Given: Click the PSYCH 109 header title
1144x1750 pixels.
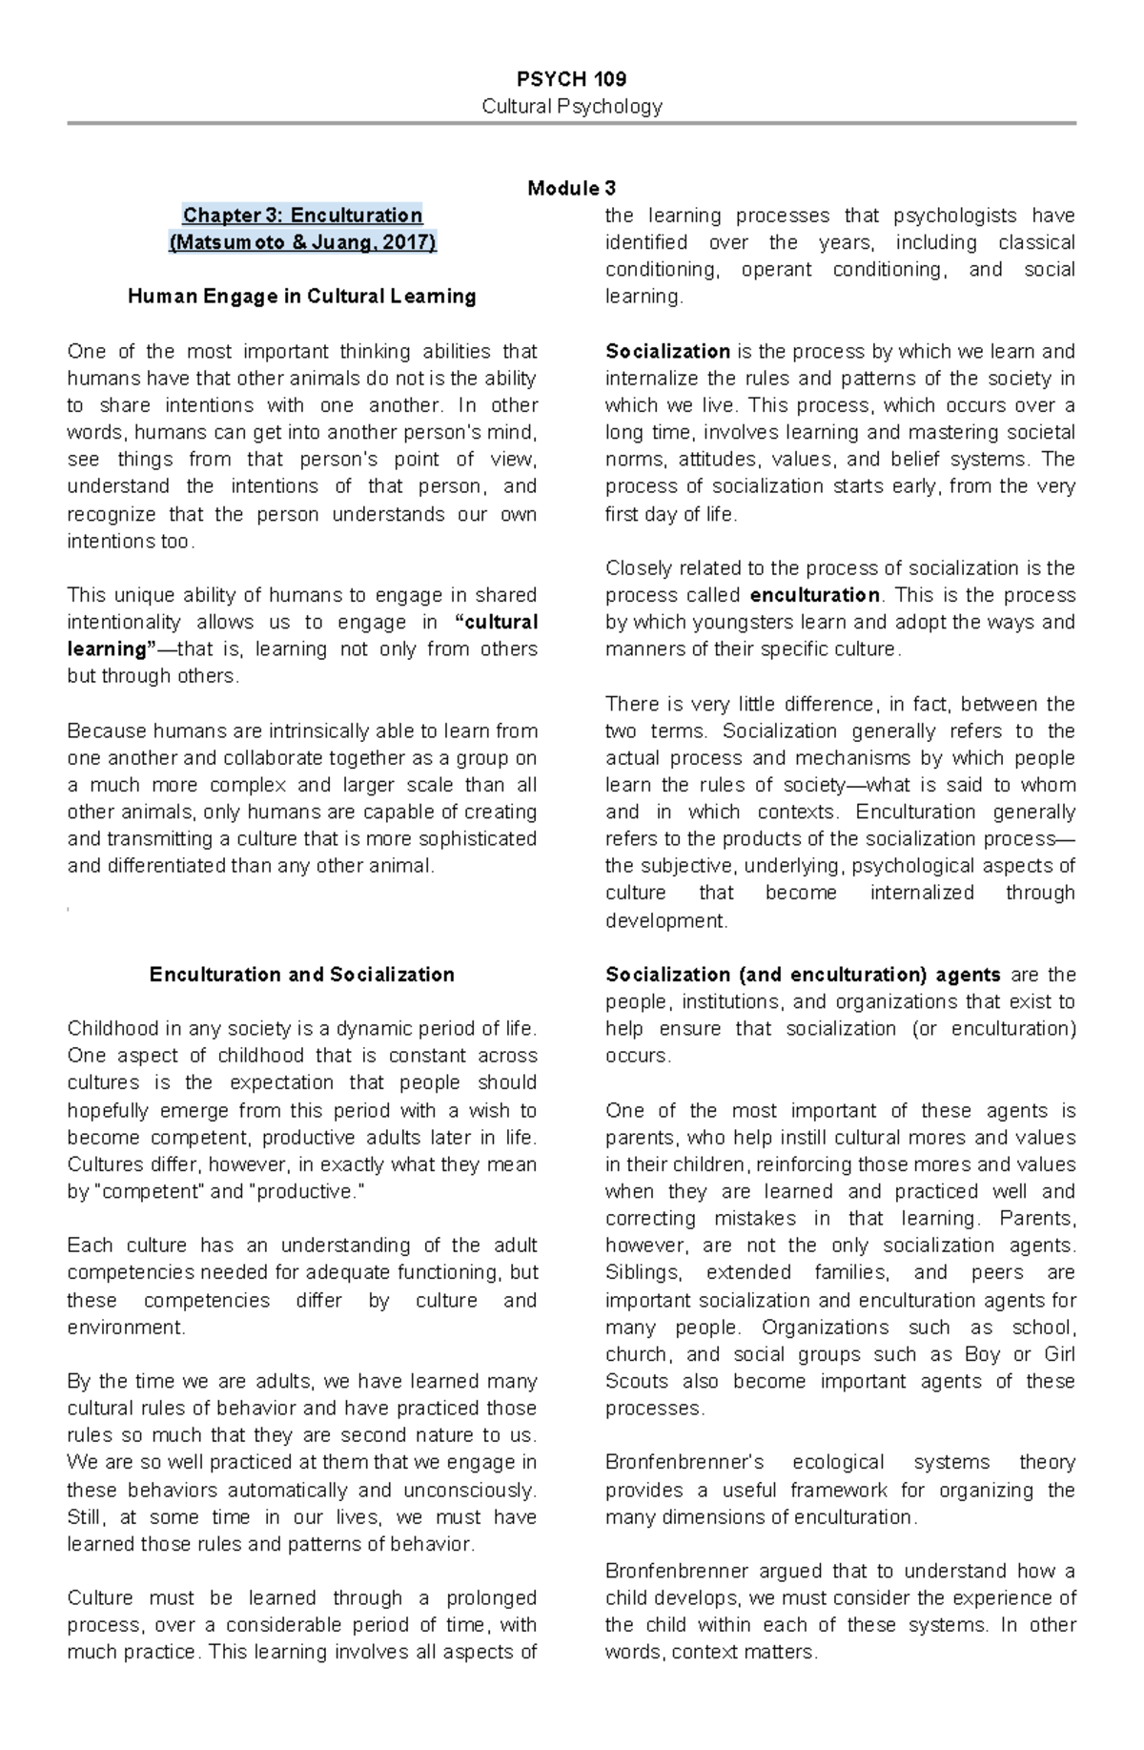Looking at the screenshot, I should tap(571, 78).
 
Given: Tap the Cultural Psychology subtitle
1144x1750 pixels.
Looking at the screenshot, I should tap(571, 106).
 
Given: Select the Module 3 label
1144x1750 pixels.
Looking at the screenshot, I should tap(571, 188).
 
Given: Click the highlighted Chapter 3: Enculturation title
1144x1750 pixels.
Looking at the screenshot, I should tap(302, 216).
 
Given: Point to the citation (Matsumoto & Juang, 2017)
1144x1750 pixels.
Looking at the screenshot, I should tap(302, 242).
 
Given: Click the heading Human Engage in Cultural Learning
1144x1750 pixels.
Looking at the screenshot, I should tap(302, 297).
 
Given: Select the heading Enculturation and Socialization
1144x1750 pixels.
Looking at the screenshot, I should tap(302, 975).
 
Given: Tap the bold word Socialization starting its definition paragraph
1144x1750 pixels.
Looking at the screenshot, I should tap(667, 351).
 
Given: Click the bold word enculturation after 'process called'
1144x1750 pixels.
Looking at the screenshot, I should tap(814, 595).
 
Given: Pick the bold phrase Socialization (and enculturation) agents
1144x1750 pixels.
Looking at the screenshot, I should tap(803, 975).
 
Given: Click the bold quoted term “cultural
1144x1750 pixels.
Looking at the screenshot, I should tap(499, 623).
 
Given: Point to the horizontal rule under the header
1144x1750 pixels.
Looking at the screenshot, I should tap(571, 123).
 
